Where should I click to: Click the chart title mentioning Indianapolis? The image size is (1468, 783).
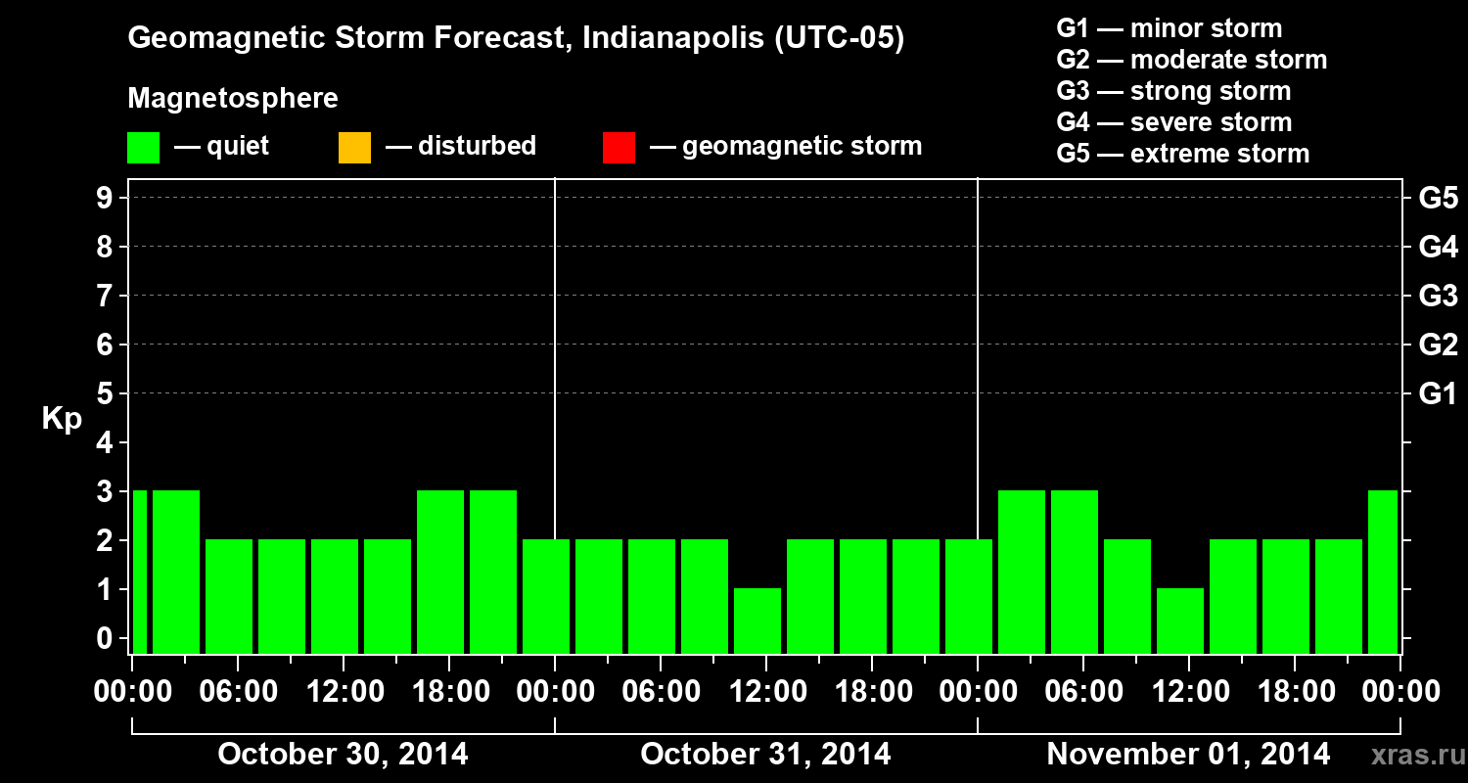point(516,39)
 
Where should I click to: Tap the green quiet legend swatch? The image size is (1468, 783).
point(143,148)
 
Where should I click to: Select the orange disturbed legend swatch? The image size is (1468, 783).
point(354,148)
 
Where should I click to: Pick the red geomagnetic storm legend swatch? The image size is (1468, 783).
point(619,148)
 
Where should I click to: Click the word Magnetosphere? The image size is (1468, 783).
point(233,99)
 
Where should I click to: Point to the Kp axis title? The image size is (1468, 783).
point(62,419)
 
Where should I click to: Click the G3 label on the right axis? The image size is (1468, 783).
point(1438,296)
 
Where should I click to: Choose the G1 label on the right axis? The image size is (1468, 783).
point(1438,394)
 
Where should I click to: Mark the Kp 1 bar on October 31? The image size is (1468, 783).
point(757,621)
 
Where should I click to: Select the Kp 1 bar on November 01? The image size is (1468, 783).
point(1180,621)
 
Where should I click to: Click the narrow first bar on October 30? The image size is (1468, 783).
point(139,572)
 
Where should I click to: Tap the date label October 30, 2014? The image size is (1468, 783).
point(343,755)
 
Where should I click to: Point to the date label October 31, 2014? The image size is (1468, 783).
point(765,755)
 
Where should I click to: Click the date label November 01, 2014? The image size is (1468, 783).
point(1188,755)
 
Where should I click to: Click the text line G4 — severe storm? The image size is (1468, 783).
point(1173,122)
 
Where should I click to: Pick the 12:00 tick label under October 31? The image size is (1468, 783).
point(766,692)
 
